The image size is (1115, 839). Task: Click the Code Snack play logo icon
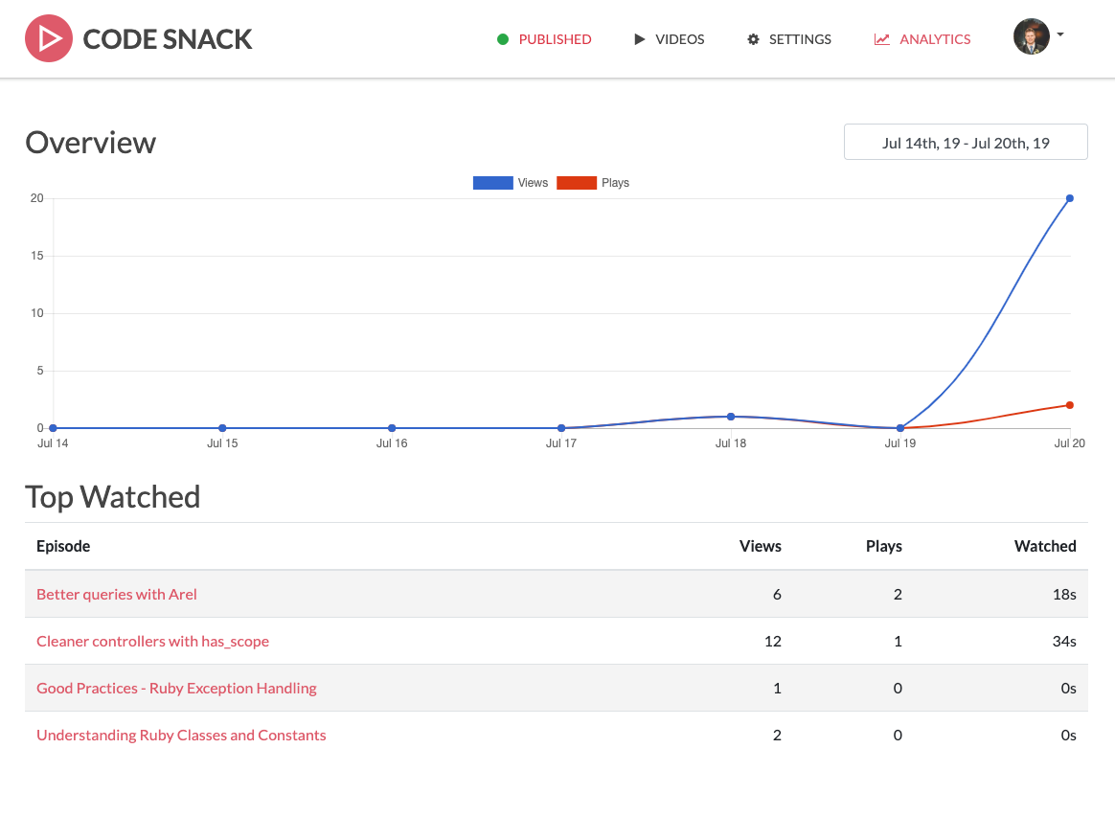pyautogui.click(x=49, y=39)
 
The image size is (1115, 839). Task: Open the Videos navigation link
pyautogui.click(x=670, y=39)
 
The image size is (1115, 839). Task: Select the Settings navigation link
pyautogui.click(x=789, y=39)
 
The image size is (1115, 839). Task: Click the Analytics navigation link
pyautogui.click(x=922, y=39)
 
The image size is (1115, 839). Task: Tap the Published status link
pyautogui.click(x=544, y=39)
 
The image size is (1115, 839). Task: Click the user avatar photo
pyautogui.click(x=1031, y=36)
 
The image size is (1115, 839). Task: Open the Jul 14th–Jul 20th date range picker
pyautogui.click(x=966, y=143)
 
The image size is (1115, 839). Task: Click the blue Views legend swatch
pyautogui.click(x=492, y=183)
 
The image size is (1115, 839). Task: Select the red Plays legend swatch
pyautogui.click(x=577, y=183)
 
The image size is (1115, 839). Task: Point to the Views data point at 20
pyautogui.click(x=1069, y=198)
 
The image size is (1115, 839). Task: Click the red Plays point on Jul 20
pyautogui.click(x=1069, y=405)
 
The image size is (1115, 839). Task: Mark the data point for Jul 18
pyautogui.click(x=731, y=417)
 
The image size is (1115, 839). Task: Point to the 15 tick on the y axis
pyautogui.click(x=37, y=256)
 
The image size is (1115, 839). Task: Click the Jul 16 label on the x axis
pyautogui.click(x=392, y=443)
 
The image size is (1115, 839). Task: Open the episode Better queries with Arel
pyautogui.click(x=117, y=594)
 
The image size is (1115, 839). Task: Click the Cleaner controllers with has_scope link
pyautogui.click(x=152, y=641)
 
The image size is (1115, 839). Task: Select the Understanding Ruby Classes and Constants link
pyautogui.click(x=181, y=735)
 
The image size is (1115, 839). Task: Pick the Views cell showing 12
pyautogui.click(x=771, y=641)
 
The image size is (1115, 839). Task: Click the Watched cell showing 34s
pyautogui.click(x=1064, y=641)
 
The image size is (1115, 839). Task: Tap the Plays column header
pyautogui.click(x=883, y=546)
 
